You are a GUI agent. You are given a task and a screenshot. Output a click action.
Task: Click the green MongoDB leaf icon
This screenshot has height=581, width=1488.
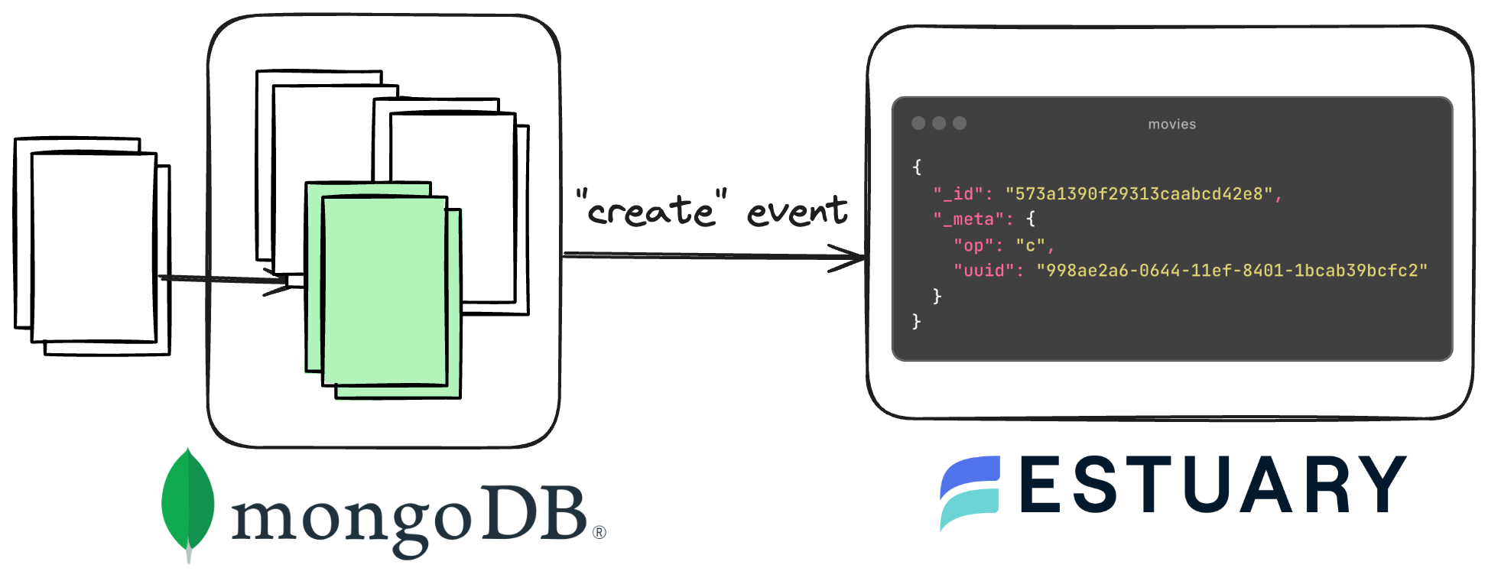[x=188, y=501]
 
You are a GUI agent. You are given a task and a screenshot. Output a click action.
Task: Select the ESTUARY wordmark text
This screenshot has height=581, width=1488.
[x=1213, y=485]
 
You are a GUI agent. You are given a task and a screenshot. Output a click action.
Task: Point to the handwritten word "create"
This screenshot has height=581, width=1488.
[x=651, y=209]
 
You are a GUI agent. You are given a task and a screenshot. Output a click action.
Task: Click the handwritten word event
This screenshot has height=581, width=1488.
[x=797, y=211]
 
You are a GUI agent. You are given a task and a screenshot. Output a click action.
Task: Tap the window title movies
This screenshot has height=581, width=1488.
[x=1171, y=124]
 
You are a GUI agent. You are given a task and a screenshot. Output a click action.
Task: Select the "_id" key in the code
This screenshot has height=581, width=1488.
[x=957, y=194]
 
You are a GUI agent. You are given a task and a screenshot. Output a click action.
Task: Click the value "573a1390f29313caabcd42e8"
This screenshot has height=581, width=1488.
[x=1139, y=194]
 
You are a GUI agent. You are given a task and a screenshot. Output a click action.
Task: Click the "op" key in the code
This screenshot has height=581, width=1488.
[x=973, y=245]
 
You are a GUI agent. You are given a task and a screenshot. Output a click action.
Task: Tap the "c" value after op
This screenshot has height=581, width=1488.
[x=1030, y=245]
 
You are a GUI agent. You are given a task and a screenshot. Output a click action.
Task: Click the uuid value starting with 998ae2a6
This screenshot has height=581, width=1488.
[x=1231, y=271]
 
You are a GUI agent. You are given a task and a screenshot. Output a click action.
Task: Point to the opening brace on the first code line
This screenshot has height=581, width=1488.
[x=917, y=167]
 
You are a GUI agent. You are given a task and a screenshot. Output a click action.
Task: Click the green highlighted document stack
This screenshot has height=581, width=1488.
[x=384, y=290]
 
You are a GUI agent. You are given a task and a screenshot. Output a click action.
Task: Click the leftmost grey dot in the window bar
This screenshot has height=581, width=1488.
[x=918, y=123]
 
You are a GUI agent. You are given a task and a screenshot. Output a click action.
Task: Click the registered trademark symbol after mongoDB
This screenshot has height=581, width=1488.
[x=599, y=532]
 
